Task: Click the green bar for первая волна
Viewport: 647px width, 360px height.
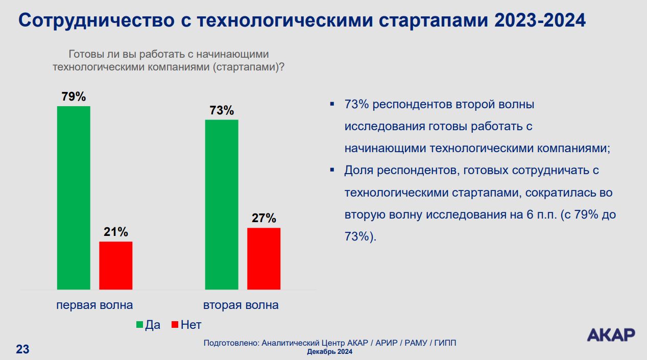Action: pos(74,198)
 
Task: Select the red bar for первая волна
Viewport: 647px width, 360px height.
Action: pos(115,266)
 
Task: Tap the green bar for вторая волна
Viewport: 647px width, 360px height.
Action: pos(222,204)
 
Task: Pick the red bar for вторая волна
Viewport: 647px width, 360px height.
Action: pos(263,258)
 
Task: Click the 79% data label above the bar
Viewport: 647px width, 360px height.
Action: pos(74,97)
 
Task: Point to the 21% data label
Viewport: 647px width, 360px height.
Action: pos(115,232)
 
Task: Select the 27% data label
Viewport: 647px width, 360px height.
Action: pos(263,218)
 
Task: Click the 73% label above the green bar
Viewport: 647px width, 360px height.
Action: pos(222,110)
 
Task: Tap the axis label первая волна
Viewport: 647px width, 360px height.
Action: pos(94,305)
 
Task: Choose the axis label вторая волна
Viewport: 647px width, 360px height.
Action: pos(241,305)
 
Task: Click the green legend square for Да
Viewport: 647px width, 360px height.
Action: pos(139,325)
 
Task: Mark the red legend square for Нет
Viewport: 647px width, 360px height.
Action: pos(175,325)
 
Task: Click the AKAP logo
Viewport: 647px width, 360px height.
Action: pos(611,334)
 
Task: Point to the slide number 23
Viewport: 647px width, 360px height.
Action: pos(22,349)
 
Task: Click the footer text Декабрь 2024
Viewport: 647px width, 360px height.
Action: pos(329,352)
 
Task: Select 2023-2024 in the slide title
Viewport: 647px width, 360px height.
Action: pos(540,21)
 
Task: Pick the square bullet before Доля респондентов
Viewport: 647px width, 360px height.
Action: pos(332,169)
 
